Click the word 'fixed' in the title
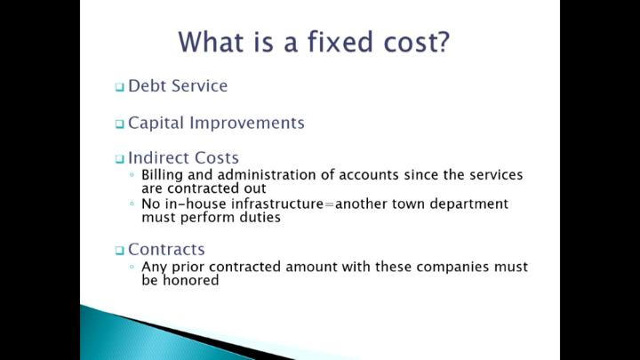pos(340,41)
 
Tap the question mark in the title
pos(442,41)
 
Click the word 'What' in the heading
pos(211,41)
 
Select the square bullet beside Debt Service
pos(119,86)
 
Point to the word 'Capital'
pos(156,124)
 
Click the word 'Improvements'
pos(247,124)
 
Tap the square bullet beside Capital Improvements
pos(119,124)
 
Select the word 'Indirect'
pos(159,158)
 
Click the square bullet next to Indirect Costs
pos(119,159)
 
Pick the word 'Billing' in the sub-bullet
pos(162,175)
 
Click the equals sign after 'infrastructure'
pos(329,204)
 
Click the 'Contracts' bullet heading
pos(166,250)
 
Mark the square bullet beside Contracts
pos(119,250)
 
